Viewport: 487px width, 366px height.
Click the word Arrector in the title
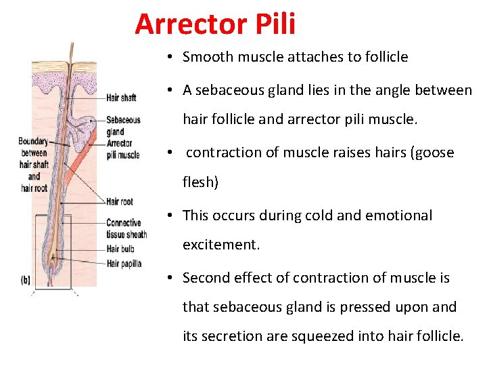point(191,24)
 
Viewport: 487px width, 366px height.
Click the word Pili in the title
point(275,24)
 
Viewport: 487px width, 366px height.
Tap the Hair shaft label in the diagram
point(121,98)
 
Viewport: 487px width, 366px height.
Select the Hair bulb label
point(120,249)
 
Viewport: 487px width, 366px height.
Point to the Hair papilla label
point(124,264)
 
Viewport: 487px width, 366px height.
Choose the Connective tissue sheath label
point(126,228)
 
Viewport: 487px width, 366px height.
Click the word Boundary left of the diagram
point(33,142)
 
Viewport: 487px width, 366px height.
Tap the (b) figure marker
point(26,279)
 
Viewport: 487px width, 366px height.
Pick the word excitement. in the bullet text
point(221,245)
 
